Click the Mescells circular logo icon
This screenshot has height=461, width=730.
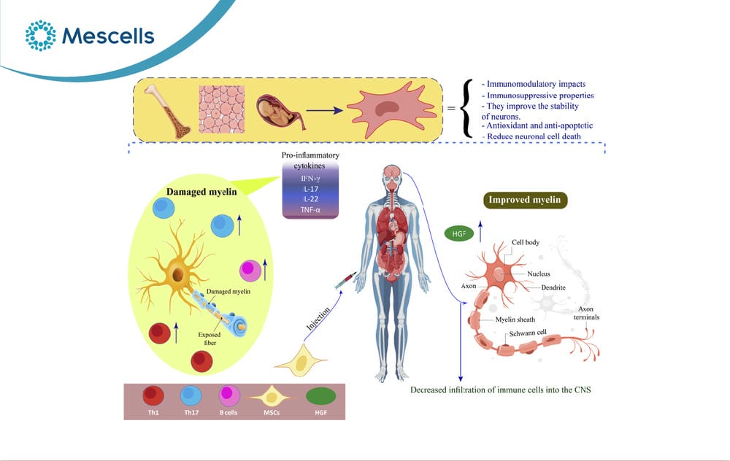(x=40, y=35)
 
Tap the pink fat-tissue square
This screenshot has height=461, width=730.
(x=222, y=109)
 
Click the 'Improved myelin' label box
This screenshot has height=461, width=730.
(x=525, y=200)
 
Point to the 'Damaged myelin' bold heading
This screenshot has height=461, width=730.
(x=201, y=192)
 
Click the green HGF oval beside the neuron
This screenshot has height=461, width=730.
(x=459, y=233)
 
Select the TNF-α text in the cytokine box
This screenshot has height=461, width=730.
(x=310, y=210)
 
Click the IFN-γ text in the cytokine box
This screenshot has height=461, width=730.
(x=310, y=178)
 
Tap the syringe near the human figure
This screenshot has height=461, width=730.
(x=345, y=281)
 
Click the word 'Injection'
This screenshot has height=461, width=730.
(x=318, y=319)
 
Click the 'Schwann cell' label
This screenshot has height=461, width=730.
(x=528, y=333)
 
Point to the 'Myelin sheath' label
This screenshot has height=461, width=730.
(x=515, y=319)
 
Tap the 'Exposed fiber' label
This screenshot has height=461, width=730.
(x=210, y=338)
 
